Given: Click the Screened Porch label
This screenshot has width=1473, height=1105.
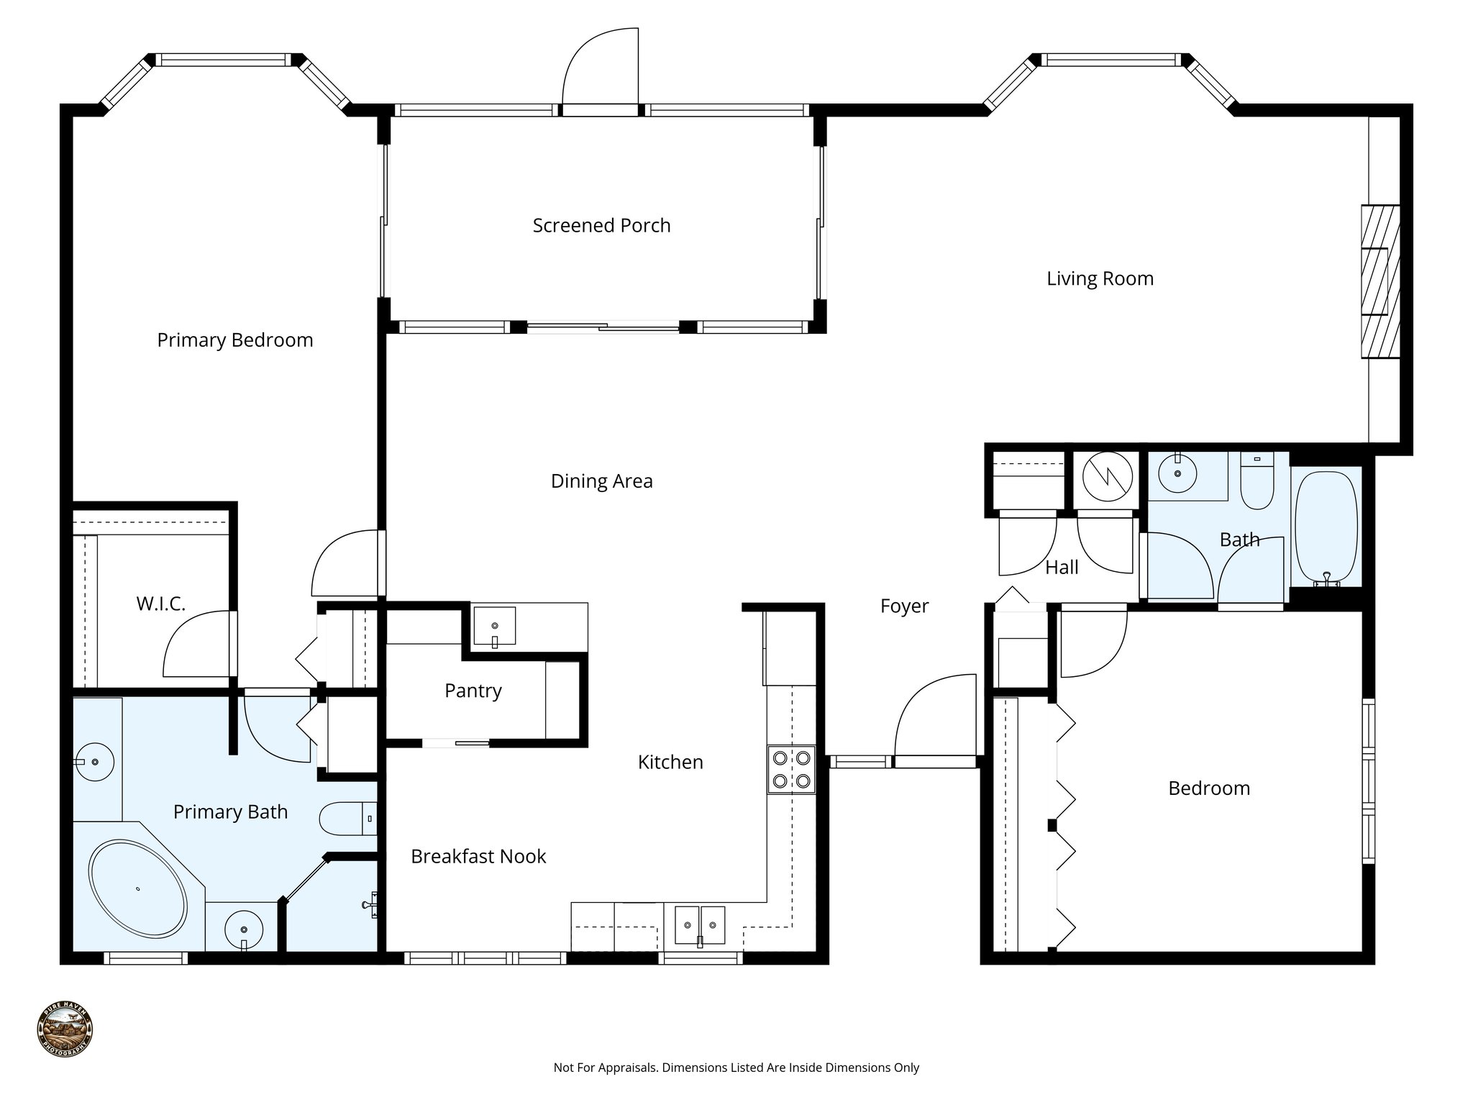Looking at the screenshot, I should [x=601, y=225].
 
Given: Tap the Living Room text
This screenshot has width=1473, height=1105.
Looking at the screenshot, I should [x=1099, y=278].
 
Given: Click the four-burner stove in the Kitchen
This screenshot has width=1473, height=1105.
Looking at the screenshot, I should [x=791, y=770].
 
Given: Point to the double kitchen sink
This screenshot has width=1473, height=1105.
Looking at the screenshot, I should [x=699, y=925].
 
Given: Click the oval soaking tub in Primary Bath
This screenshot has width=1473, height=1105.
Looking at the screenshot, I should [x=137, y=890].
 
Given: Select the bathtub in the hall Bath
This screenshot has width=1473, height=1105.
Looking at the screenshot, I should [x=1326, y=529].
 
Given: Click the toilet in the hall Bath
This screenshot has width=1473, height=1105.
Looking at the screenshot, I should [x=1257, y=481].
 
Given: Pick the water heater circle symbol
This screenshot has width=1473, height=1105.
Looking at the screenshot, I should [x=1108, y=476].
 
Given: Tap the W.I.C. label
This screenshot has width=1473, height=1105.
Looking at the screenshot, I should [x=160, y=604].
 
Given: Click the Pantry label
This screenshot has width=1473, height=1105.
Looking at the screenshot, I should [x=473, y=691].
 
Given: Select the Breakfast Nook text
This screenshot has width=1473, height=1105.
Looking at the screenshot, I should [x=478, y=856].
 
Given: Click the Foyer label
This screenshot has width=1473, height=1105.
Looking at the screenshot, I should [x=904, y=606].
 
